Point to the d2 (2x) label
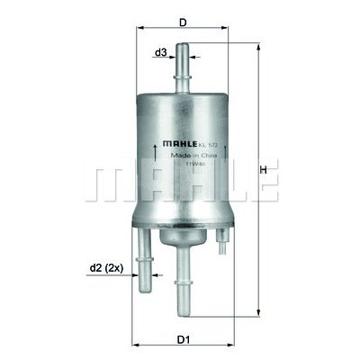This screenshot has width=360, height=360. tap(107, 266)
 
